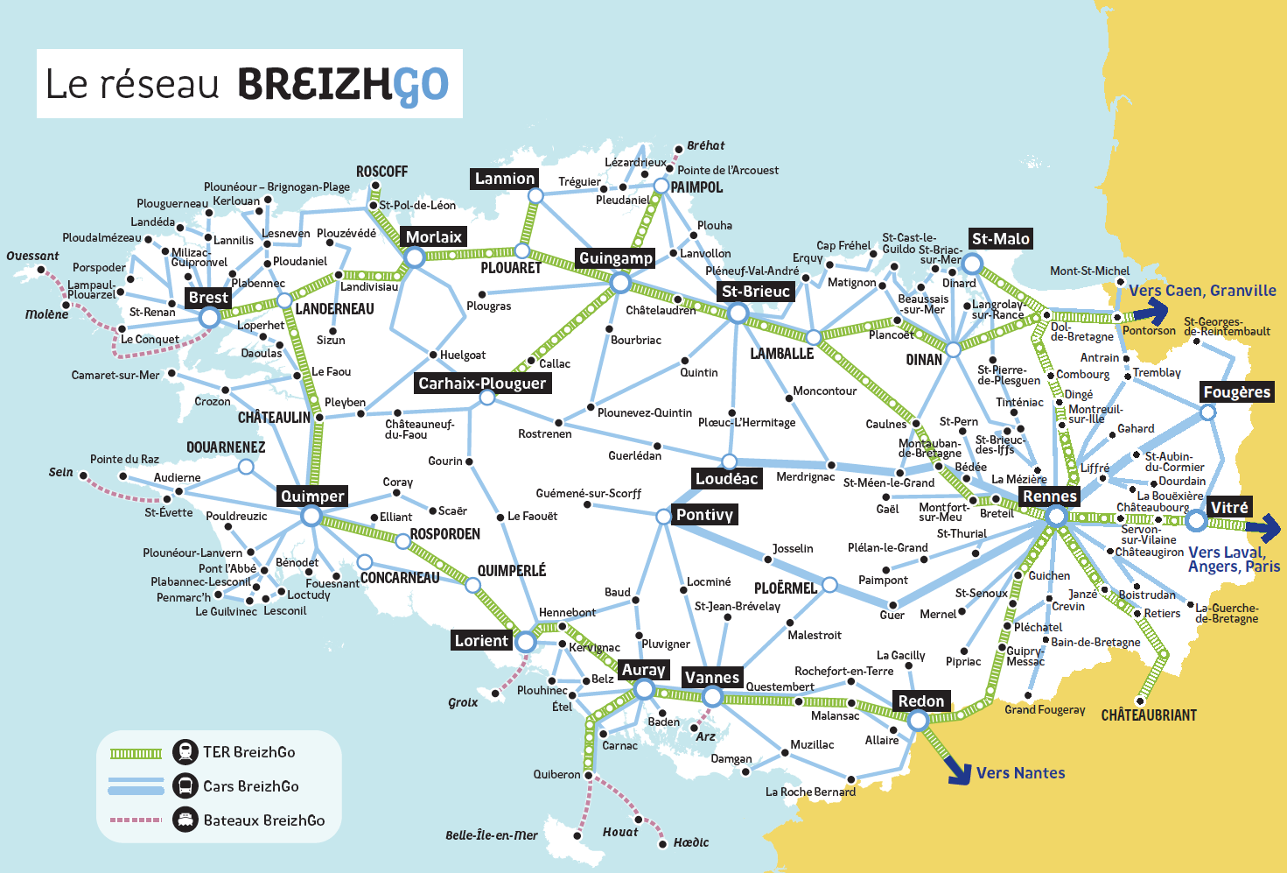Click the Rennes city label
[1050, 496]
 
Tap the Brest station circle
[209, 317]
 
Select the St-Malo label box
[1001, 238]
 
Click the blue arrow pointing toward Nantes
[959, 771]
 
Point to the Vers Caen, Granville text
[1201, 291]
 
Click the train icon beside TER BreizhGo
[185, 751]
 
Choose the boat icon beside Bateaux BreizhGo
[185, 820]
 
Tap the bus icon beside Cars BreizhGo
[185, 785]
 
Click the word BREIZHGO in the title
[342, 85]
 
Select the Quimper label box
[312, 496]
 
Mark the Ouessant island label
[32, 257]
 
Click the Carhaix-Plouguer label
[481, 383]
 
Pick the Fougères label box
[1236, 391]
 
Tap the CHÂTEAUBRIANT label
[1148, 715]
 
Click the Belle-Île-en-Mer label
[491, 835]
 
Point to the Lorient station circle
[525, 642]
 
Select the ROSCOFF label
[381, 172]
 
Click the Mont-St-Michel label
[1089, 271]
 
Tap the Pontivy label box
[704, 514]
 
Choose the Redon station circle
[917, 720]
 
